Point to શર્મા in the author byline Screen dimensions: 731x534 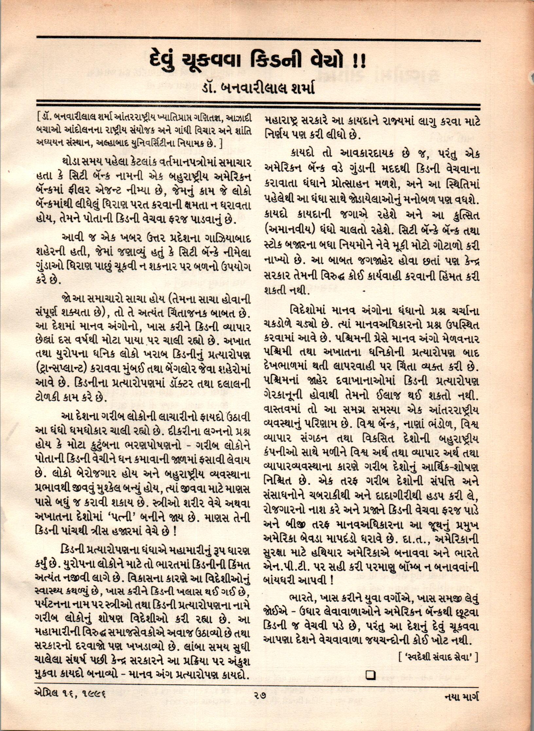[299, 88]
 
